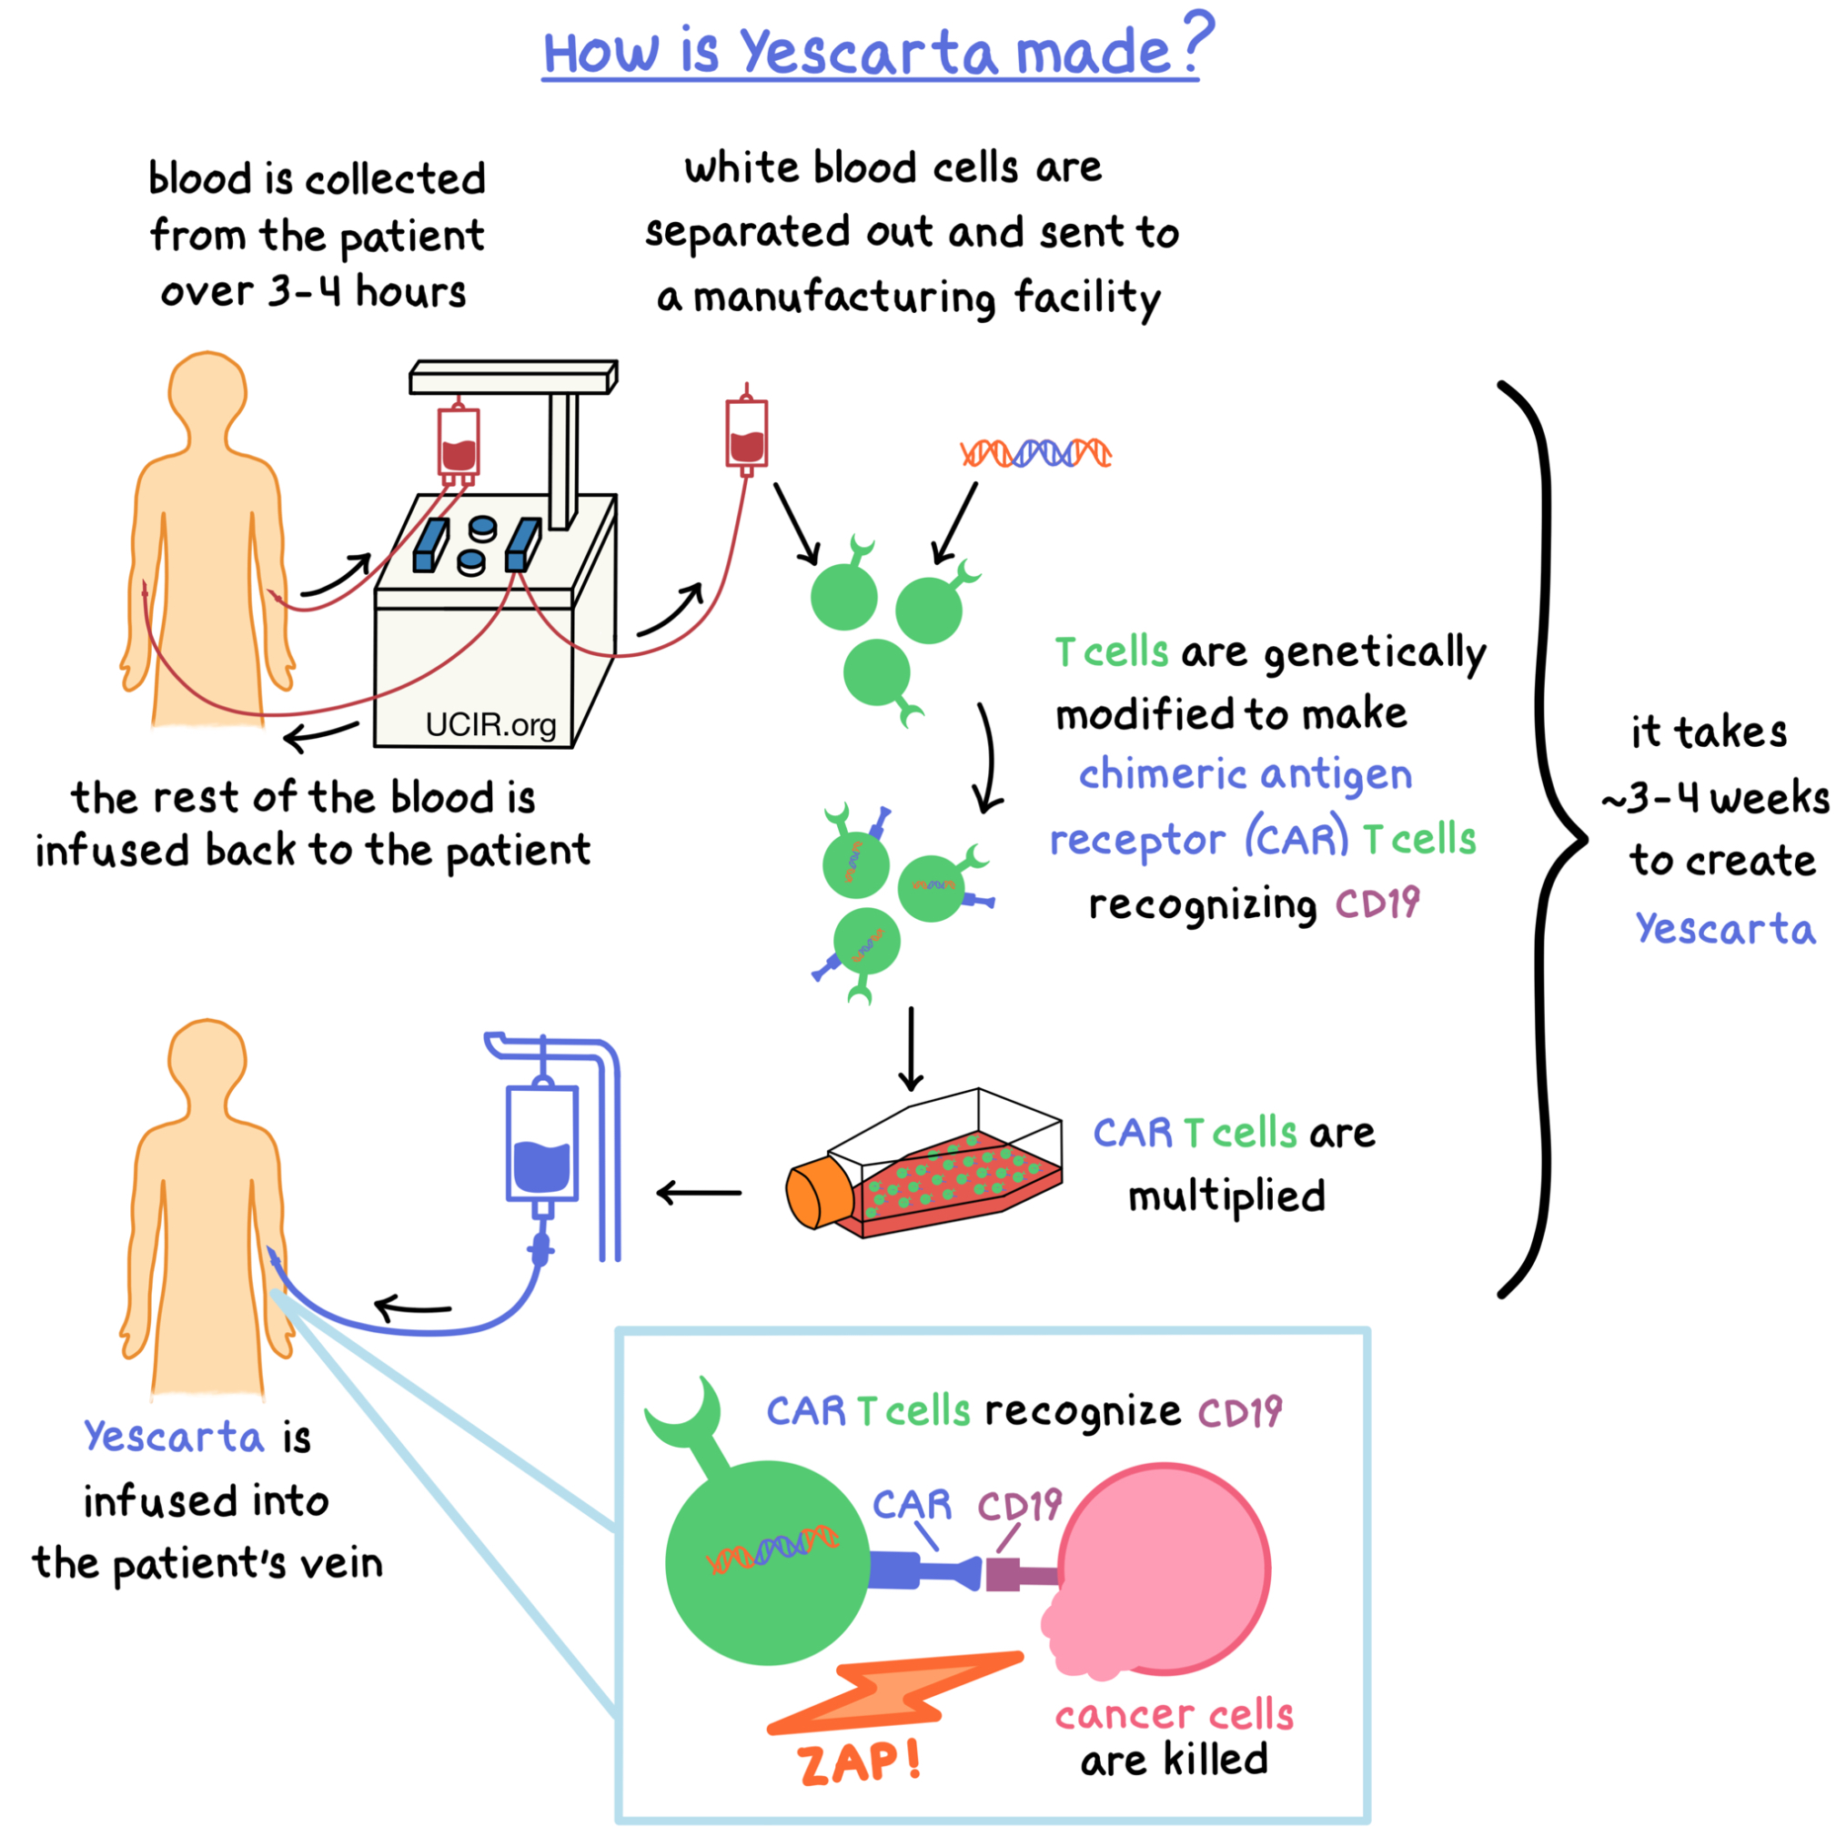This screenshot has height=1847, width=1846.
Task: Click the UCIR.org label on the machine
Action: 490,723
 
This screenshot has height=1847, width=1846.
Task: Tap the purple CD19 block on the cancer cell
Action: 1004,1573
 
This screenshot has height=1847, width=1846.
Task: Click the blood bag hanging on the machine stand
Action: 459,440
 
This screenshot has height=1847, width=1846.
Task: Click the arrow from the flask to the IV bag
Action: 699,1192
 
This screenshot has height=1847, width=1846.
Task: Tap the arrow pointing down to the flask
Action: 911,1049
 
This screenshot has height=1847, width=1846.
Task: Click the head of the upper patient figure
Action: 207,390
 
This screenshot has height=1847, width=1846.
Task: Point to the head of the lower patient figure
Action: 207,1058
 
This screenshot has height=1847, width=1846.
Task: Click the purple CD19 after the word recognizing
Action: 1377,903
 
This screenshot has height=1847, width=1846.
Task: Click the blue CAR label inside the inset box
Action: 912,1506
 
